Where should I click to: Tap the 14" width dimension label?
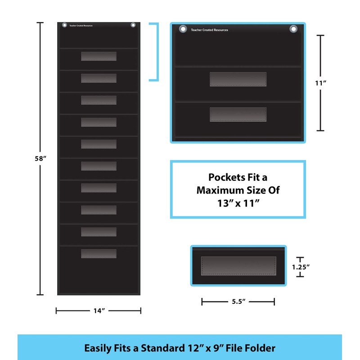98,310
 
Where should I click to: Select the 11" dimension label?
320,83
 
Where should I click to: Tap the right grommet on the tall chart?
133,25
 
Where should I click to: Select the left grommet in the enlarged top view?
183,29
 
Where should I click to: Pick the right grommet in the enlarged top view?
293,29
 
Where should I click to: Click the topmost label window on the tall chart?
99,56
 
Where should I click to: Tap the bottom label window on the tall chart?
99,253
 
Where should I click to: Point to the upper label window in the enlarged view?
238,79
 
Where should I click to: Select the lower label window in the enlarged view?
238,114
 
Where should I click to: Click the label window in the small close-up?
238,265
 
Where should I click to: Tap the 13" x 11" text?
238,203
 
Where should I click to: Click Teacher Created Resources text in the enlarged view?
209,30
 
